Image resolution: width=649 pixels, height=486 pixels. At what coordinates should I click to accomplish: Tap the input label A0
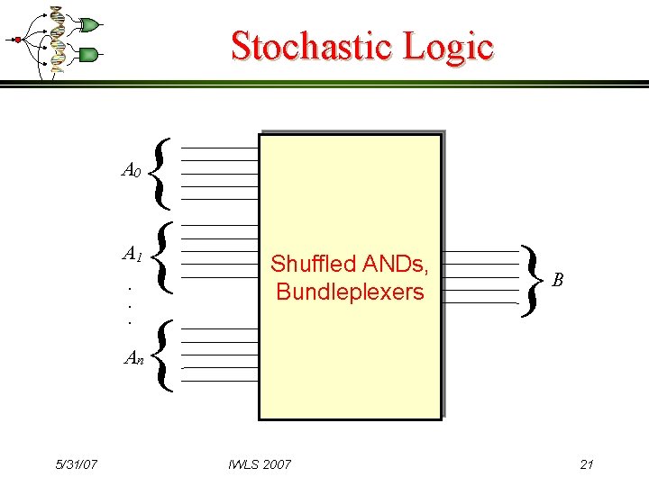point(131,170)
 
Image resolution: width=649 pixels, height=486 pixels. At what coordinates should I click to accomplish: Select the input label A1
point(132,255)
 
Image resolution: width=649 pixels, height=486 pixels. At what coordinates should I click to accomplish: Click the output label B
point(558,281)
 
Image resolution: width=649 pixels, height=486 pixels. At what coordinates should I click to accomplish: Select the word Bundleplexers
point(350,291)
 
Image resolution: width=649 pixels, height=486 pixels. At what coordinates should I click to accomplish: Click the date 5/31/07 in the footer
point(76,464)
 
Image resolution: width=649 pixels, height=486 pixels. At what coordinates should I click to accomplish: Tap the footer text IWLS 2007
point(260,464)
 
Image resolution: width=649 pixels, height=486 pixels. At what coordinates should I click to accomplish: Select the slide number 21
point(586,464)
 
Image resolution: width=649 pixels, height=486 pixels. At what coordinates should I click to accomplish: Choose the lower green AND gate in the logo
point(88,55)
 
